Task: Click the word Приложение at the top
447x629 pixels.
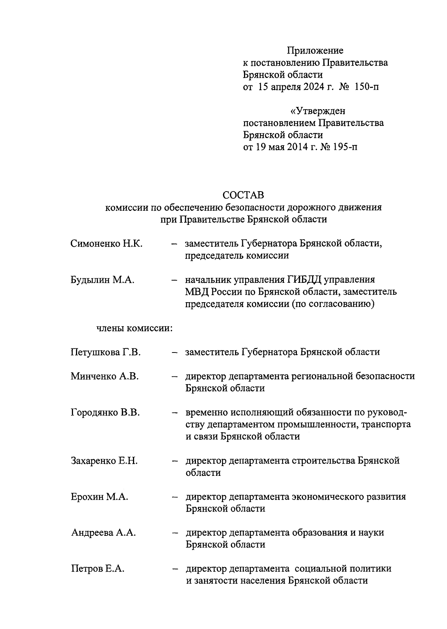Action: pyautogui.click(x=315, y=50)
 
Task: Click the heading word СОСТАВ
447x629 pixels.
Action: pyautogui.click(x=243, y=195)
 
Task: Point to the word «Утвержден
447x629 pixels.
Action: pyautogui.click(x=318, y=111)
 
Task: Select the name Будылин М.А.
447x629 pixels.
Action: pyautogui.click(x=102, y=280)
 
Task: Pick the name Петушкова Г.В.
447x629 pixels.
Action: pyautogui.click(x=105, y=352)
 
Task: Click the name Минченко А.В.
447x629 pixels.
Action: pyautogui.click(x=105, y=376)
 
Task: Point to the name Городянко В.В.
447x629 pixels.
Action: pyautogui.click(x=105, y=413)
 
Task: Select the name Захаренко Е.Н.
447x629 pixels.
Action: pyautogui.click(x=104, y=461)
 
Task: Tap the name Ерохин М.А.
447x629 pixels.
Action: pyautogui.click(x=99, y=497)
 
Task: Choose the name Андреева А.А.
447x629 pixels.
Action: pyautogui.click(x=103, y=533)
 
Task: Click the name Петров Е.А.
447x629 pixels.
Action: pyautogui.click(x=98, y=569)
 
